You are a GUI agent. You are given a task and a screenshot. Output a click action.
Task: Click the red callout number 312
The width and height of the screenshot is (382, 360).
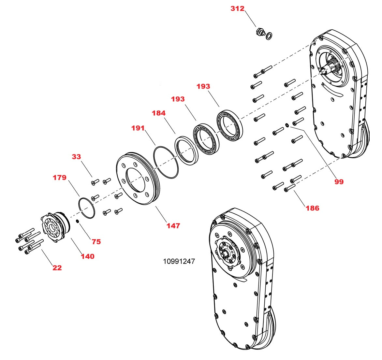pyautogui.click(x=237, y=8)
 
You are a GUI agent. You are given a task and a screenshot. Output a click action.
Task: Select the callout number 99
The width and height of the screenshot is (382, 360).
pyautogui.click(x=339, y=181)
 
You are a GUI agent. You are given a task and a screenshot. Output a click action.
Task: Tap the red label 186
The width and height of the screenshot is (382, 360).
pyautogui.click(x=312, y=208)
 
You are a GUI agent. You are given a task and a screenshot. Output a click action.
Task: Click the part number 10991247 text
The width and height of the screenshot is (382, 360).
pyautogui.click(x=179, y=261)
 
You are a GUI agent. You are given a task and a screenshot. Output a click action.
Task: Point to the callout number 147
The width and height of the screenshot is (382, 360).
pyautogui.click(x=173, y=225)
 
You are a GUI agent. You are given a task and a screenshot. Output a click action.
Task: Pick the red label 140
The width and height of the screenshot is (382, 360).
pyautogui.click(x=87, y=256)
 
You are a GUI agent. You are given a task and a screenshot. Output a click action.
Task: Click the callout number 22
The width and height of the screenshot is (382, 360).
pyautogui.click(x=57, y=268)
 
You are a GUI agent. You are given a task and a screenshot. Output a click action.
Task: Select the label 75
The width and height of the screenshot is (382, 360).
pyautogui.click(x=96, y=242)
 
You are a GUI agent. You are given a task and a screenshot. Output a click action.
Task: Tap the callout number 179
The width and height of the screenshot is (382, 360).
pyautogui.click(x=59, y=178)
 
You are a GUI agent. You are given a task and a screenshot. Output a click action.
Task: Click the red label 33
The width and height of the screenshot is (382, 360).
pyautogui.click(x=76, y=157)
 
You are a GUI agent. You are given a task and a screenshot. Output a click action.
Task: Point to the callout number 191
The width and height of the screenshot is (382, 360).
pyautogui.click(x=138, y=128)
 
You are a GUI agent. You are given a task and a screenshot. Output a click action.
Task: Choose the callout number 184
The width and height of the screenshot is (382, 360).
pyautogui.click(x=158, y=113)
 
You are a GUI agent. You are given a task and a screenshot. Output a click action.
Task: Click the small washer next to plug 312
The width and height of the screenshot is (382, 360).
pyautogui.click(x=270, y=35)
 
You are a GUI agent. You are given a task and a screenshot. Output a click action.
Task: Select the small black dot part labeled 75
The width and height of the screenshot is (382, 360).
pyautogui.click(x=78, y=222)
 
